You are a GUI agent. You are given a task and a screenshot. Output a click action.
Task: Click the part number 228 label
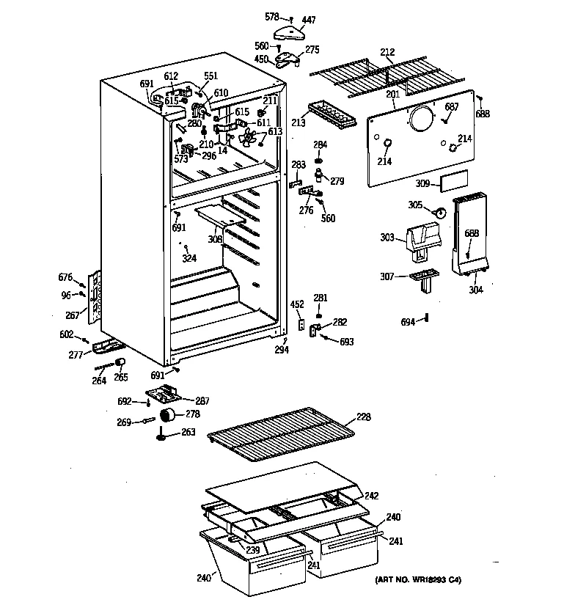click(x=363, y=417)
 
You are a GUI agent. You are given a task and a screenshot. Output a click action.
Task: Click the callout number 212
click(x=387, y=52)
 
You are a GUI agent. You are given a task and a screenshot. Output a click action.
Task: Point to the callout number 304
click(x=477, y=289)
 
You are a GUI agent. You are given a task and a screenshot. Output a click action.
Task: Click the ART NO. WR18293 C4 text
click(x=419, y=580)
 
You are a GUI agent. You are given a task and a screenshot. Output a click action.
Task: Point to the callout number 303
click(x=388, y=237)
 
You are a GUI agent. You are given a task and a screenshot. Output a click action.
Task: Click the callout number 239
click(x=252, y=551)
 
